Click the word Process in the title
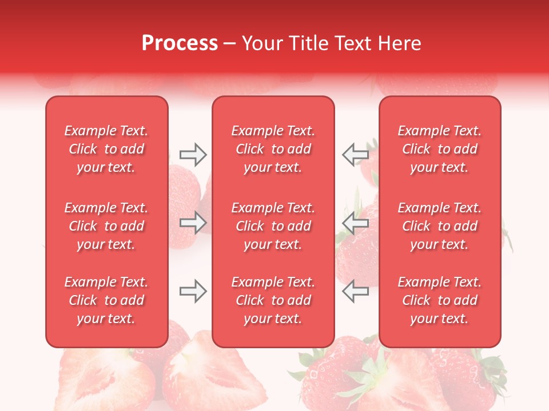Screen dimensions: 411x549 coord(180,43)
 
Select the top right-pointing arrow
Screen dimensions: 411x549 coord(193,155)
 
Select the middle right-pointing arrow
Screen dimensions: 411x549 coord(193,223)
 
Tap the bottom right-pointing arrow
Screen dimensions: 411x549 coord(193,291)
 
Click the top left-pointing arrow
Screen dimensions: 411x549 coord(356,154)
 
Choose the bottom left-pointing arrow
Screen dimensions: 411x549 coord(356,291)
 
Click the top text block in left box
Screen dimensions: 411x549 coord(106,149)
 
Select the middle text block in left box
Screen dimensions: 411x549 coord(106,226)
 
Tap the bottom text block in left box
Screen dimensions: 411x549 coord(106,300)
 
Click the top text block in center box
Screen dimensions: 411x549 coord(273,149)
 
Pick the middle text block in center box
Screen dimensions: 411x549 coord(273,226)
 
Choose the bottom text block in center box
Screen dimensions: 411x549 coord(273,300)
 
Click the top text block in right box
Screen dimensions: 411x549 coord(440,149)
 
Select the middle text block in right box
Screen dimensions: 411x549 coord(440,226)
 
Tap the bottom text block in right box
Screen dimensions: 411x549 coord(440,300)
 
